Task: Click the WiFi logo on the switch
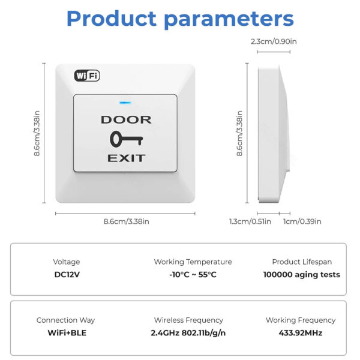(87, 76)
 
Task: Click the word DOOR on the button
(126, 120)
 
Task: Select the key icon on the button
(126, 139)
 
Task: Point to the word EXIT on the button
(126, 158)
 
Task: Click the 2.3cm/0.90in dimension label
(274, 42)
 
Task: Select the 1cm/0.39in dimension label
(302, 221)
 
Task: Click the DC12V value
(66, 275)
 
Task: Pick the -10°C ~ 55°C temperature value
(193, 275)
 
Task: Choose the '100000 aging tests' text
(301, 275)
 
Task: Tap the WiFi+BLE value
(66, 332)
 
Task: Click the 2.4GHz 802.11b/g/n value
(188, 332)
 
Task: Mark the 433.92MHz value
(301, 332)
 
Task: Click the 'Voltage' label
(66, 262)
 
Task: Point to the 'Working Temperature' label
(193, 262)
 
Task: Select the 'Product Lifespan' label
(301, 262)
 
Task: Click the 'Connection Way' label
(66, 320)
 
